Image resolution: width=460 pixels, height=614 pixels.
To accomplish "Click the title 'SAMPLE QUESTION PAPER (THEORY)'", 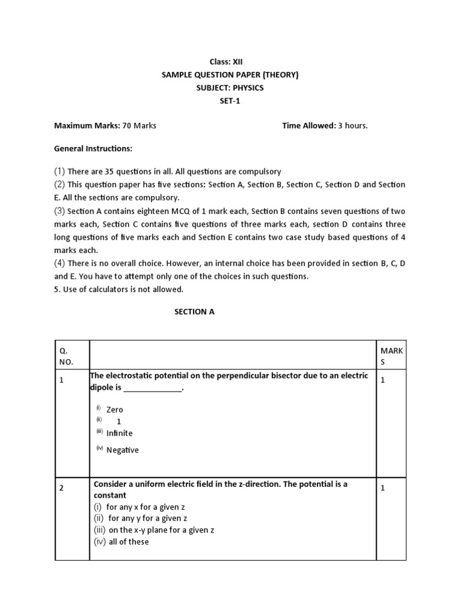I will pos(230,75).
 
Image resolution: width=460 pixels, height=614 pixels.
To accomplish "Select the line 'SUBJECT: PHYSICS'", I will pos(230,88).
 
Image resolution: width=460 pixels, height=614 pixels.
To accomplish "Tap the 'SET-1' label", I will pos(230,101).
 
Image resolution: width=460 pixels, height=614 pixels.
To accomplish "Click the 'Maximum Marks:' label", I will pos(87,126).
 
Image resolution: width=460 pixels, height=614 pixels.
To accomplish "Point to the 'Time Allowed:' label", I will pos(308,126).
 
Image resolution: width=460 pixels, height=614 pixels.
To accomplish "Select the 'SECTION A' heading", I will pos(194,312).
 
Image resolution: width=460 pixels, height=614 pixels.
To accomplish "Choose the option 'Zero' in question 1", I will pos(114,410).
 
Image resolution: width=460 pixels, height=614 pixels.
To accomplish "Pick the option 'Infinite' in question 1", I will pos(119,433).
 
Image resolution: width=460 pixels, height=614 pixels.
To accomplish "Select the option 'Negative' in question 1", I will pos(122,450).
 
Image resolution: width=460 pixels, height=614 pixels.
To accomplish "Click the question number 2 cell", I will pos(62,488).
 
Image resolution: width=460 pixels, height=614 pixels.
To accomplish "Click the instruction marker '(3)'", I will pos(60,211).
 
